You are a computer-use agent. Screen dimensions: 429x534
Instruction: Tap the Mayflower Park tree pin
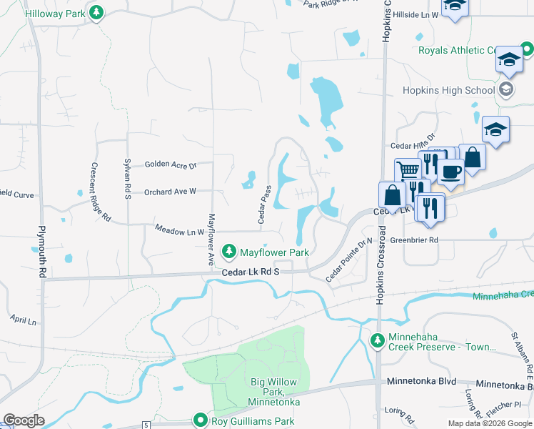[228, 252]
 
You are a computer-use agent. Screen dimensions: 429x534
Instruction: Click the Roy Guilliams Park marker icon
[203, 421]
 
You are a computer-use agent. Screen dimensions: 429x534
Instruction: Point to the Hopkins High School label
[448, 90]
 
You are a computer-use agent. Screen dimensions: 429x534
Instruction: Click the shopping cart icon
[408, 170]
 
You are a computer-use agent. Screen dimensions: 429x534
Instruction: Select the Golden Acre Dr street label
[170, 164]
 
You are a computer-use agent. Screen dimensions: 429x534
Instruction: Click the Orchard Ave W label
[170, 192]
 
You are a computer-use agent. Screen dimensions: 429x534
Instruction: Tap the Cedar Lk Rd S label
[249, 272]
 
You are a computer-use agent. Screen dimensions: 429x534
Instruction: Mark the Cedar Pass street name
[265, 204]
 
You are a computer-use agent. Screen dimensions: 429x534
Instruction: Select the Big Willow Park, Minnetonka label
[275, 392]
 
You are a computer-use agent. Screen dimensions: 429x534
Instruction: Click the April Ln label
[24, 320]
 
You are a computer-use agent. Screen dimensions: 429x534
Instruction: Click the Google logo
[24, 420]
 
